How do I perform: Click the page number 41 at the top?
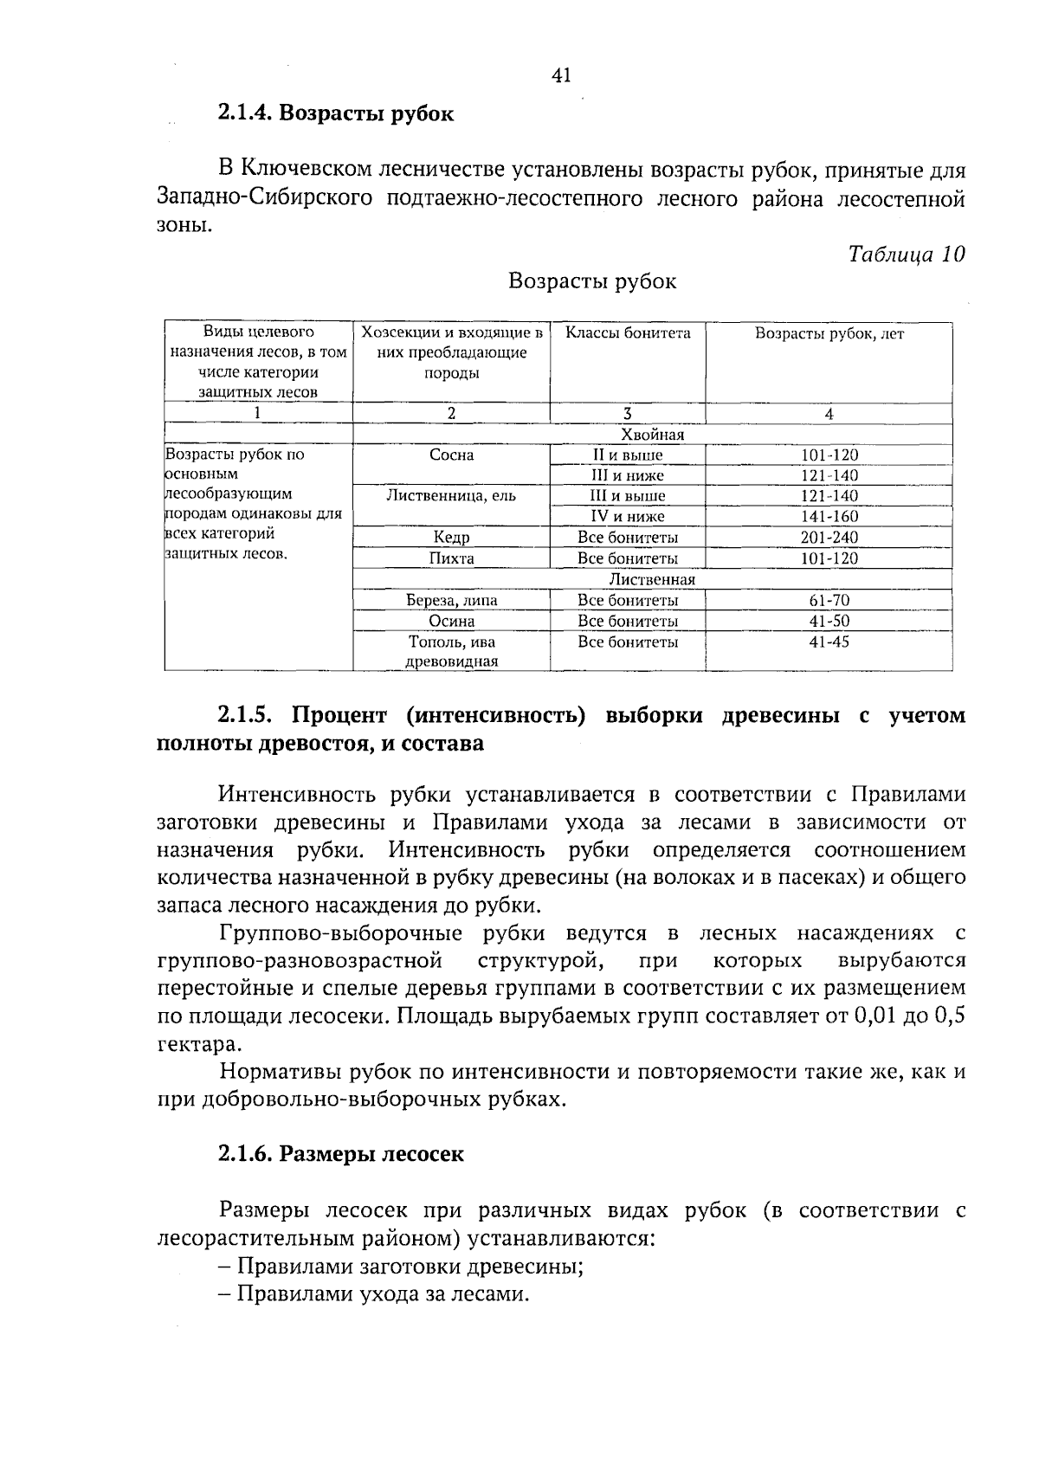[561, 76]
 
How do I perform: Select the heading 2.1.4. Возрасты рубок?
[336, 114]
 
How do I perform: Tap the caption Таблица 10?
[906, 254]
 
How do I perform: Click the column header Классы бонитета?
[628, 333]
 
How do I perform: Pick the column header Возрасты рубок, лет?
[829, 334]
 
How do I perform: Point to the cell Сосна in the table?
[451, 455]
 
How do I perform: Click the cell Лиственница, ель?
[451, 496]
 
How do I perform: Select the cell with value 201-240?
[829, 538]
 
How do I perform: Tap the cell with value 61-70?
[829, 600]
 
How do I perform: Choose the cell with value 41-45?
[829, 642]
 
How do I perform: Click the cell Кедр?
[451, 538]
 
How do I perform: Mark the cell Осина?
[451, 621]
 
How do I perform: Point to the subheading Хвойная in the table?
[652, 435]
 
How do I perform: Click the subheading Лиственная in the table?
[652, 579]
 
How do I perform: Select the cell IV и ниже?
[628, 517]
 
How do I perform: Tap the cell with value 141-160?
[829, 517]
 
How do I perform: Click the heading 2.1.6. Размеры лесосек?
[341, 1154]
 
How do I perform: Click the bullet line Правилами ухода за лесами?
[381, 1294]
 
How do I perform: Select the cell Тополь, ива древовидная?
[451, 652]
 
